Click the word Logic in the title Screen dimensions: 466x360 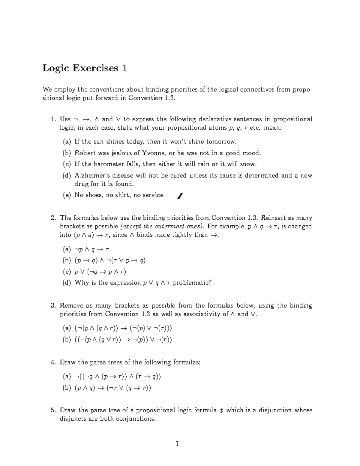(x=56, y=68)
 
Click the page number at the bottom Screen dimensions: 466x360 (x=178, y=443)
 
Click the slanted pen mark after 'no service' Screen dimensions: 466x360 (x=180, y=196)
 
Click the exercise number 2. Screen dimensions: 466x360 (x=53, y=218)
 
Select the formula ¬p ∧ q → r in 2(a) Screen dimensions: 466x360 (x=92, y=249)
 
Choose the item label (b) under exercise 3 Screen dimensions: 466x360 (x=67, y=340)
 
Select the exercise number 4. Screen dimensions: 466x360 (x=53, y=362)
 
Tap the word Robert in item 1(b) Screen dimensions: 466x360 (x=85, y=153)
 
